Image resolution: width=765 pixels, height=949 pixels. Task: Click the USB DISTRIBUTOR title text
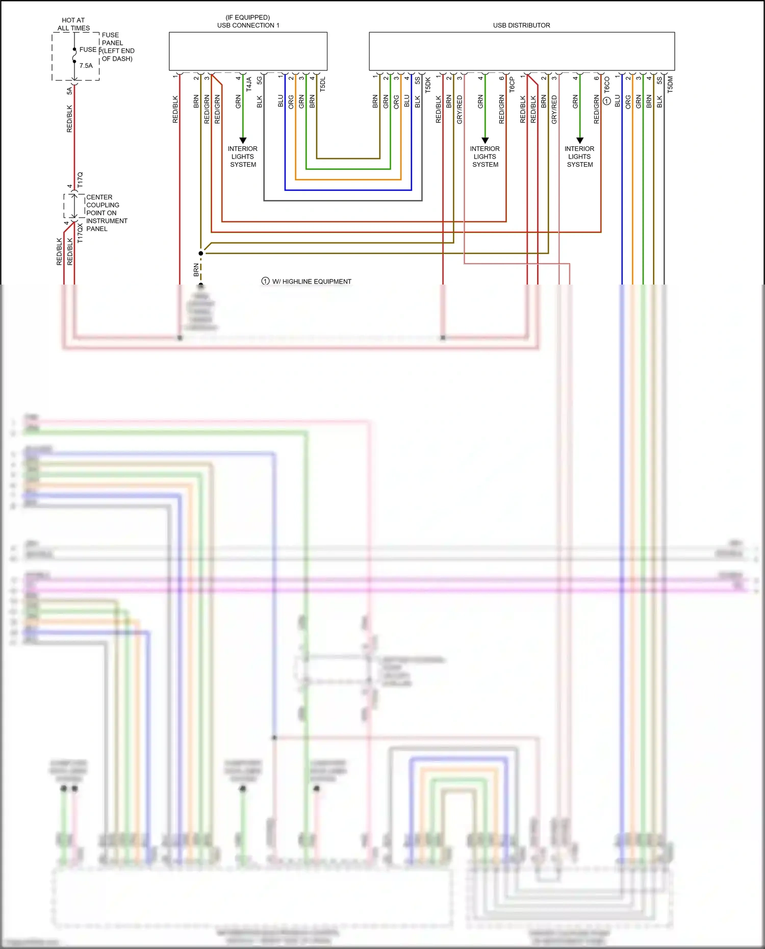pos(521,25)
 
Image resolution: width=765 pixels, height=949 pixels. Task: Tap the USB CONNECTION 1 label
pos(248,25)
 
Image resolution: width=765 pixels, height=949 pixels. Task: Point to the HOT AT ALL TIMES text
pos(73,24)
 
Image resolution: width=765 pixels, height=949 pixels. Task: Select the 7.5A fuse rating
pos(86,66)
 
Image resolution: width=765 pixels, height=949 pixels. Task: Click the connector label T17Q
pos(80,180)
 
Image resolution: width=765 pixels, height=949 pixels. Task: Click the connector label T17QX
pos(80,233)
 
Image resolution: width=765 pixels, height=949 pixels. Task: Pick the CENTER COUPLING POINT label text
pos(106,213)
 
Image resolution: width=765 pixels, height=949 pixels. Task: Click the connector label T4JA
pos(249,84)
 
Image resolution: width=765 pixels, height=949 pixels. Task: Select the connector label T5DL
pos(322,84)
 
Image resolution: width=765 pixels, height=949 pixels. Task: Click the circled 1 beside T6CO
pos(607,101)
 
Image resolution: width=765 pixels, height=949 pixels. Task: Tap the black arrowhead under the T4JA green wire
pos(243,140)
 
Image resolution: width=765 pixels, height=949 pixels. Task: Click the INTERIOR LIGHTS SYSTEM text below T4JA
pos(243,157)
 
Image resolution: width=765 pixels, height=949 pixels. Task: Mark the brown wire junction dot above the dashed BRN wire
pos(201,253)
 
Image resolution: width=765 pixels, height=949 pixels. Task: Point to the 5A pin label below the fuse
pos(69,91)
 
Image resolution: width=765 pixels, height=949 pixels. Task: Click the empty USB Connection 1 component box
pos(248,51)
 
